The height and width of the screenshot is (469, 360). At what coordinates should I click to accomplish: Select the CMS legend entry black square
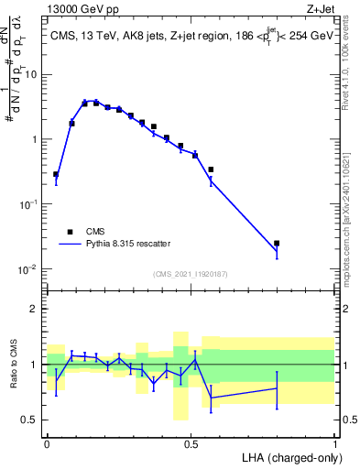point(70,232)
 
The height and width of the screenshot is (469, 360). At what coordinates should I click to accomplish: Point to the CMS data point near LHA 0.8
point(277,244)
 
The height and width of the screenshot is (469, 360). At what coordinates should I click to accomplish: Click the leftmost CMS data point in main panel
point(56,174)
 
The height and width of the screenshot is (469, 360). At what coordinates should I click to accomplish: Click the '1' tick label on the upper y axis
point(35,140)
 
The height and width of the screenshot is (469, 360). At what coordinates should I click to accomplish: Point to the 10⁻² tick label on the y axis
point(30,269)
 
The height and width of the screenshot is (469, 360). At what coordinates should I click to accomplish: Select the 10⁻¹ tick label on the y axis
point(30,205)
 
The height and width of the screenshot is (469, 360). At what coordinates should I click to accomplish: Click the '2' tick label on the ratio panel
point(35,309)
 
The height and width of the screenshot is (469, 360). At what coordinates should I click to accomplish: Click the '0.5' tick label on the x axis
point(191,442)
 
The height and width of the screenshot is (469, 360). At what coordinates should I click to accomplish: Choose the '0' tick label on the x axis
point(47,442)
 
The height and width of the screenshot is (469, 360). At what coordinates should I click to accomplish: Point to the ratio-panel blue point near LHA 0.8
point(277,388)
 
